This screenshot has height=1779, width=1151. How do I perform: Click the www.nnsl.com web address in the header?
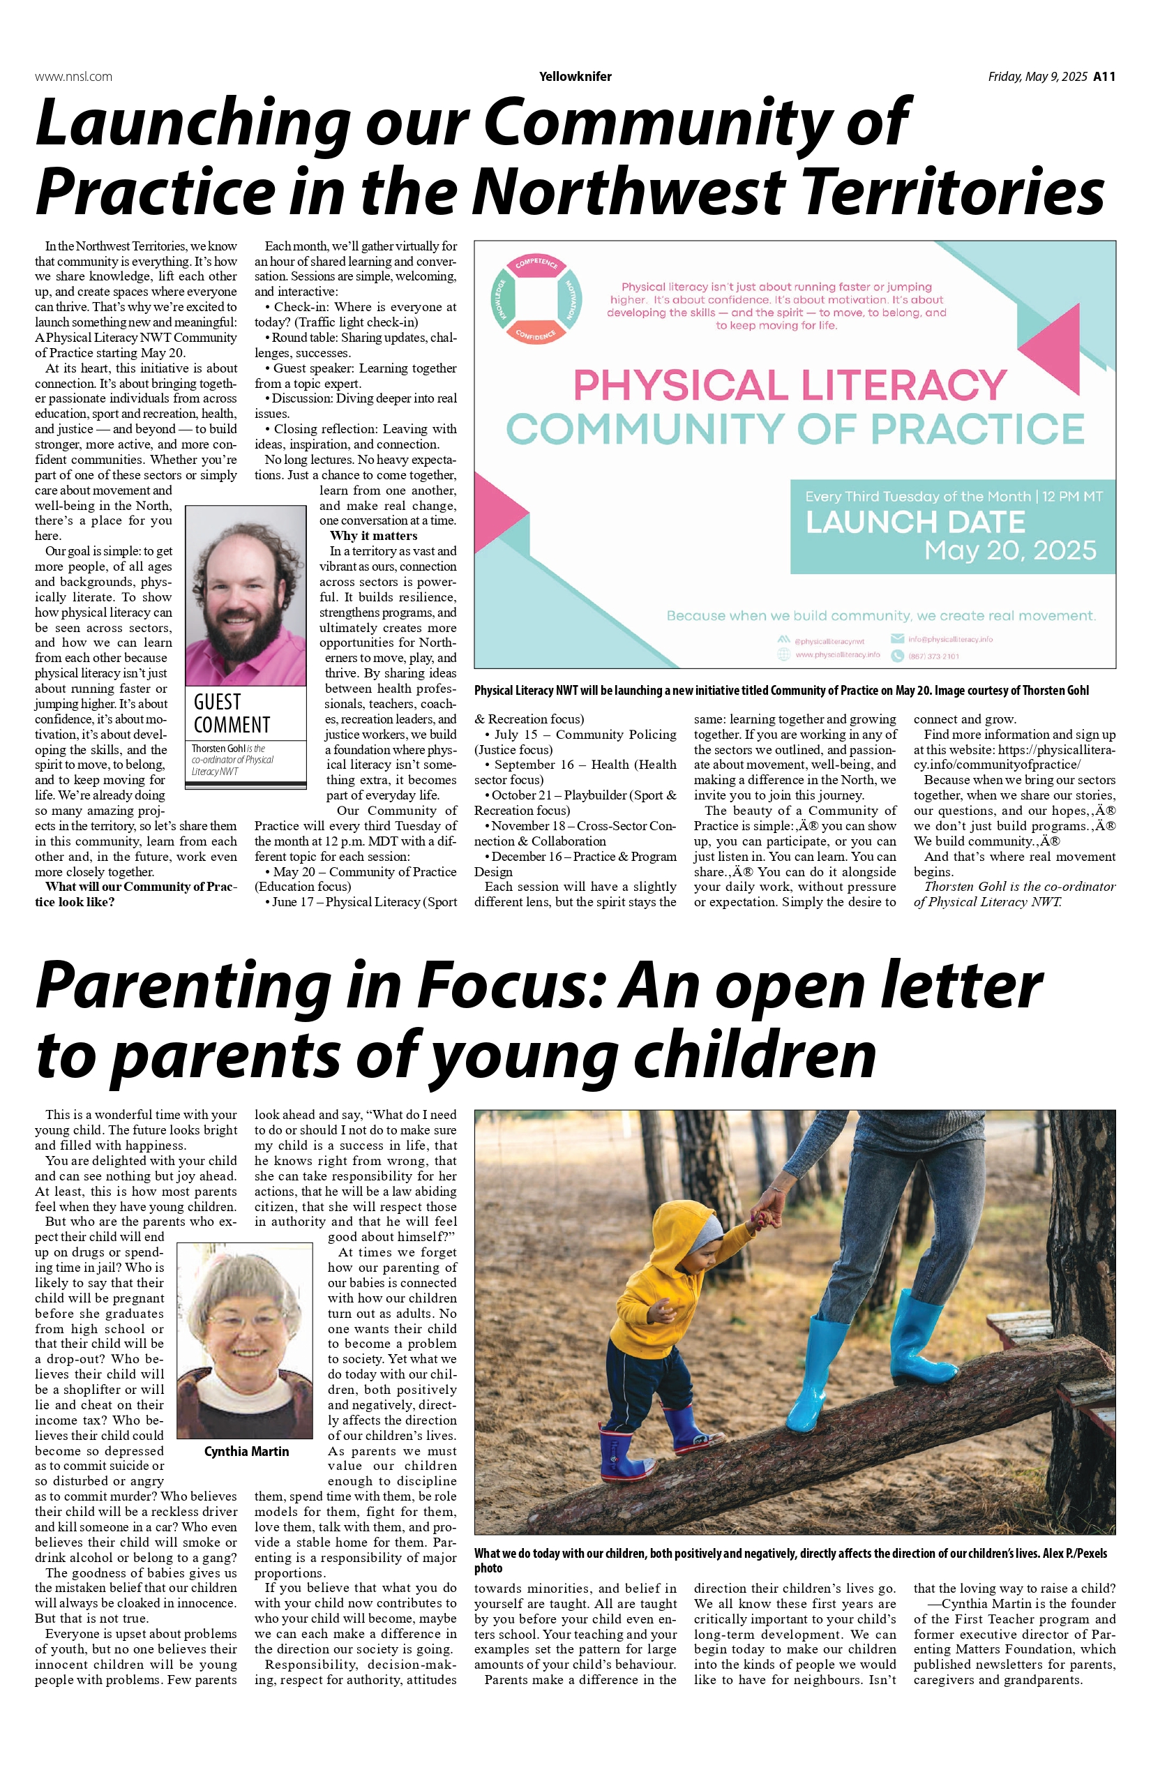73,76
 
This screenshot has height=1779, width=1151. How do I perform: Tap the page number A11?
1104,76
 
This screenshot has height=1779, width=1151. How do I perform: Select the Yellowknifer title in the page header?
575,76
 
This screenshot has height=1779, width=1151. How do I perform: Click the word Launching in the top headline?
192,123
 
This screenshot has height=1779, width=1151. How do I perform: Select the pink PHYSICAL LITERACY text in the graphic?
790,385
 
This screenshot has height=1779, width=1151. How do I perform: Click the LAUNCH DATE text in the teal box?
915,522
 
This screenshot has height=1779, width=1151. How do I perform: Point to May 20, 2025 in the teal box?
1010,551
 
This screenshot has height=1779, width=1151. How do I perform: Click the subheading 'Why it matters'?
373,536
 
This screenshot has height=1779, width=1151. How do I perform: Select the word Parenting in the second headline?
182,985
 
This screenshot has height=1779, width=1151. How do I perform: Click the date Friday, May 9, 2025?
1037,76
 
